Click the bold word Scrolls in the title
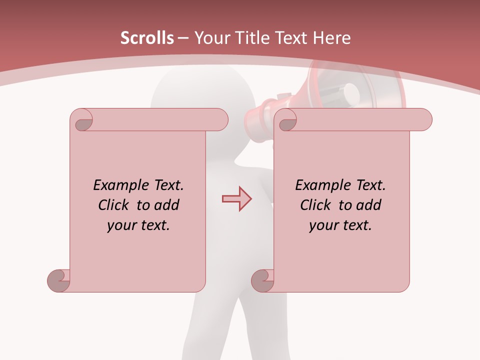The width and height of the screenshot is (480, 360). [147, 38]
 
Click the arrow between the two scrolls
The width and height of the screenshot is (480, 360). [236, 199]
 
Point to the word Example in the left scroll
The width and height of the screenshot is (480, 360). [118, 185]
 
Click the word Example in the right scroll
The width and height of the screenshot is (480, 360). [320, 185]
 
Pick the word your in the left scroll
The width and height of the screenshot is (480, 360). [121, 225]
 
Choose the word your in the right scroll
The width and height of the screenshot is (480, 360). [323, 225]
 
